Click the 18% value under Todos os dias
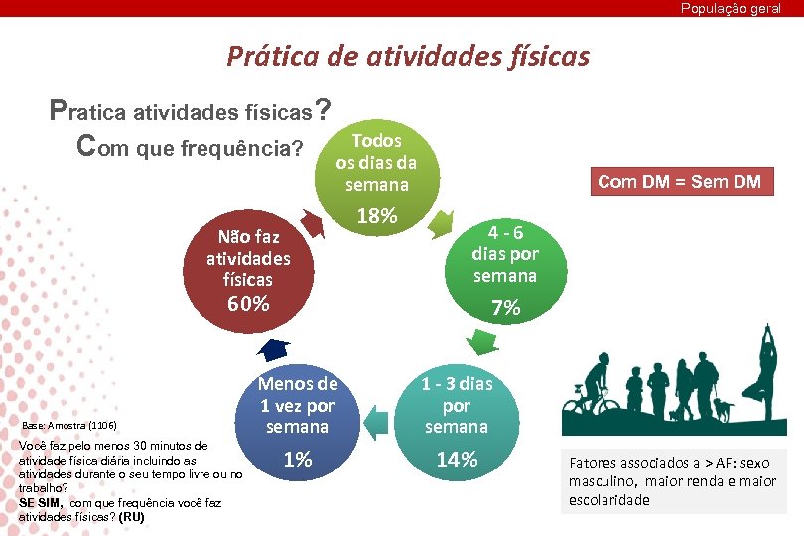[376, 216]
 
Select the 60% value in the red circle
[248, 304]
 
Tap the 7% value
[505, 308]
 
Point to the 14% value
[456, 460]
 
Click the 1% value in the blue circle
[297, 460]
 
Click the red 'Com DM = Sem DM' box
[679, 181]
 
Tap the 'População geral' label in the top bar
[731, 8]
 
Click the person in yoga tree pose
[766, 377]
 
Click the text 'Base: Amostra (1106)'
[68, 425]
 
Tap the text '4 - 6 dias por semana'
[505, 253]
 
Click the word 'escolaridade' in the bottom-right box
[609, 500]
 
